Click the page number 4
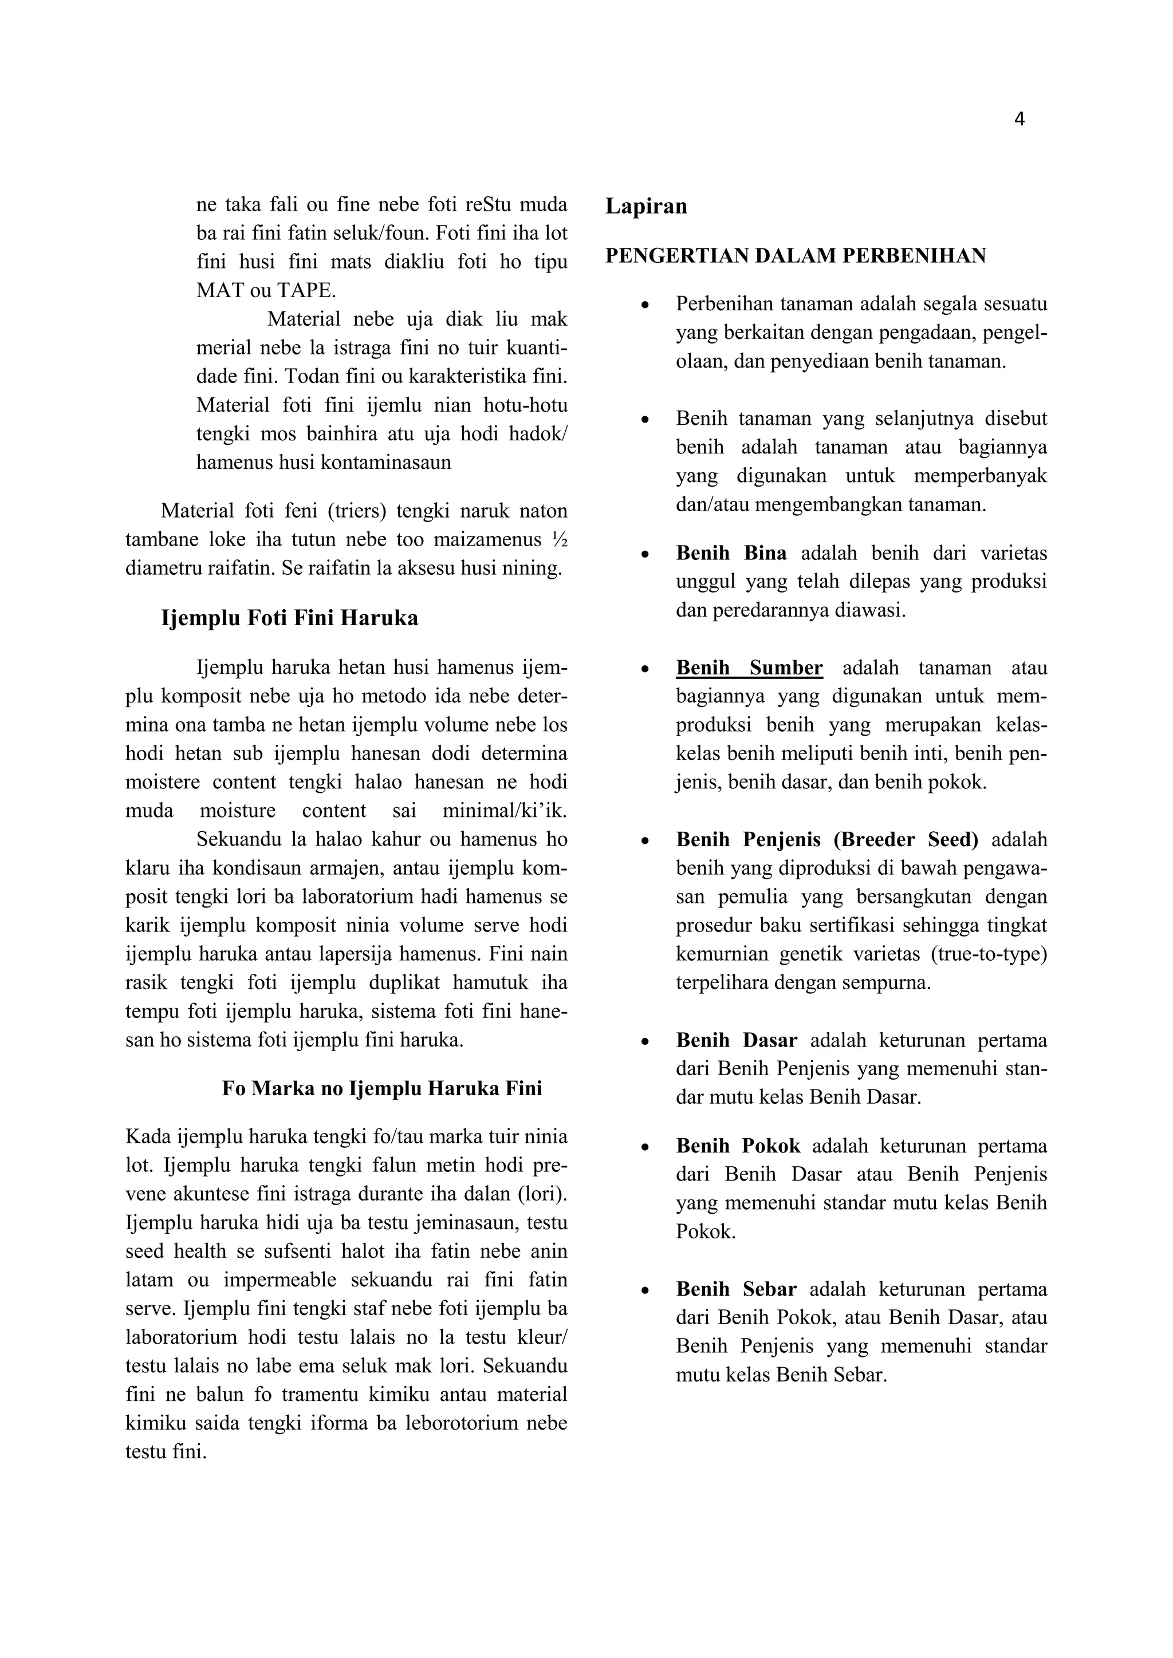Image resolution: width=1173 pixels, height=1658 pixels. (1019, 120)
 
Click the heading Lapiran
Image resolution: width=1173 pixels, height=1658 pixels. (645, 207)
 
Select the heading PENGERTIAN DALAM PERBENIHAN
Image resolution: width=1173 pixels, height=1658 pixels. (795, 256)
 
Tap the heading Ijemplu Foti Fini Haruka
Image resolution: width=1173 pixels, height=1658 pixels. (289, 619)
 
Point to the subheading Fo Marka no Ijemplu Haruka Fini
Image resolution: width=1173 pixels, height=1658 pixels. (381, 1088)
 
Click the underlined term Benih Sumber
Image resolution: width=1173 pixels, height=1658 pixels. (749, 668)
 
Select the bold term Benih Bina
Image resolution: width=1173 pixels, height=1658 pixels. (731, 553)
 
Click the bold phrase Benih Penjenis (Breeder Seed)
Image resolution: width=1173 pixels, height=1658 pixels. (827, 840)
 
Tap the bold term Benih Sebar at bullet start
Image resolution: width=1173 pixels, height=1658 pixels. (736, 1289)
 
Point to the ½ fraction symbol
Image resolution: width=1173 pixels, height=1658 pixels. (558, 540)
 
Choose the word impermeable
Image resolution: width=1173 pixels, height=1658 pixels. (280, 1280)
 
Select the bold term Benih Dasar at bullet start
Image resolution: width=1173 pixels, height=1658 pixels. (736, 1041)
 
